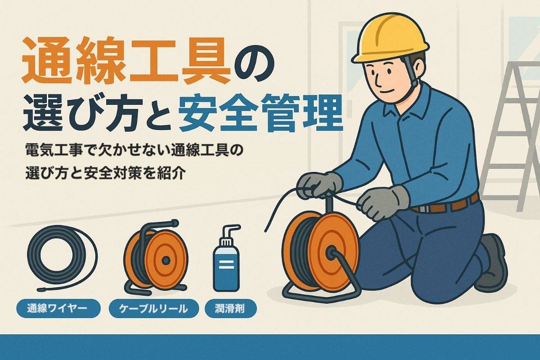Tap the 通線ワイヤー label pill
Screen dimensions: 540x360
click(x=58, y=308)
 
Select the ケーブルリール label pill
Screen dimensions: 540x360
click(x=153, y=308)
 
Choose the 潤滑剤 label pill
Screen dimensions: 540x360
click(x=230, y=308)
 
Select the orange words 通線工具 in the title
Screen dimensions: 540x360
click(x=126, y=60)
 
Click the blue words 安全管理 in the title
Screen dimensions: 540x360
click(x=261, y=113)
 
